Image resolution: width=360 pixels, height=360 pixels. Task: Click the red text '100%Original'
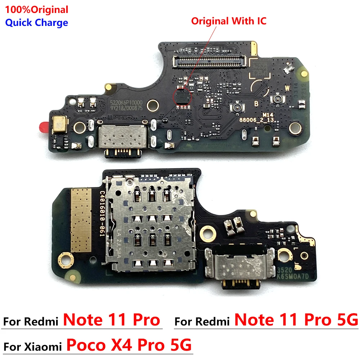(36, 9)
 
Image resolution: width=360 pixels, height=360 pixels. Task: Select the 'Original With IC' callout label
(229, 21)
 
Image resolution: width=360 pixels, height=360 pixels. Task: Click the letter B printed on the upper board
(256, 104)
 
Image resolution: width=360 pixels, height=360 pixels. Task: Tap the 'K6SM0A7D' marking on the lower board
(291, 275)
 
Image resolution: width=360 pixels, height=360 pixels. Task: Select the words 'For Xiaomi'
(33, 348)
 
